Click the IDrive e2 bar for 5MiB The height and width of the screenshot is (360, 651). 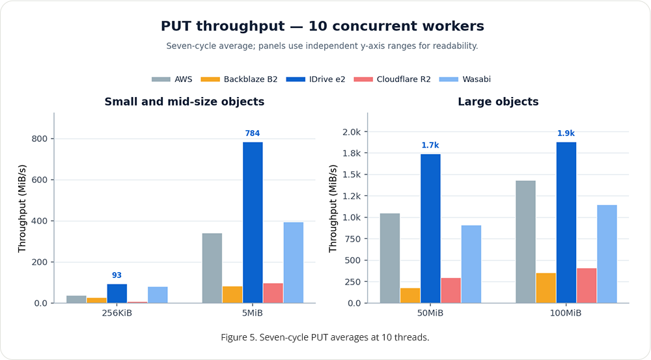tap(253, 223)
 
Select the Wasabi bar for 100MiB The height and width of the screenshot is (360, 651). tap(607, 254)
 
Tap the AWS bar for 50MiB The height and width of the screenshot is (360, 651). tap(390, 258)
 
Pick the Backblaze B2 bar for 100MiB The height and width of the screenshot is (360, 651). tap(546, 288)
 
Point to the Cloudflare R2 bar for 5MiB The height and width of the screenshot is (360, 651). tap(273, 293)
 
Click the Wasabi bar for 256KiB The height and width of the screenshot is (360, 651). tap(158, 295)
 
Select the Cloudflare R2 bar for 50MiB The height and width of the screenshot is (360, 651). tap(451, 290)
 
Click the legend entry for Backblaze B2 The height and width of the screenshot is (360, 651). tap(239, 79)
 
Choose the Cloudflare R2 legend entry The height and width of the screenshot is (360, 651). tap(393, 79)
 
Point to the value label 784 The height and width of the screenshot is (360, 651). tap(253, 133)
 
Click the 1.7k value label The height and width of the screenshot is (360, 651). tap(430, 145)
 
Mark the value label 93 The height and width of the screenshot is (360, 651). tap(117, 275)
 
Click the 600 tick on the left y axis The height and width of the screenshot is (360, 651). tap(40, 180)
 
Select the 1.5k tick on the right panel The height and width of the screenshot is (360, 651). tap(352, 174)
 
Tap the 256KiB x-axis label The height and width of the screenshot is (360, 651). tap(117, 313)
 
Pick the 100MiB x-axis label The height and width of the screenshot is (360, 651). tap(566, 313)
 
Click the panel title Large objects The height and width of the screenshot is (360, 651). tap(498, 102)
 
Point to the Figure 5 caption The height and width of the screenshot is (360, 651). tap(325, 337)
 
